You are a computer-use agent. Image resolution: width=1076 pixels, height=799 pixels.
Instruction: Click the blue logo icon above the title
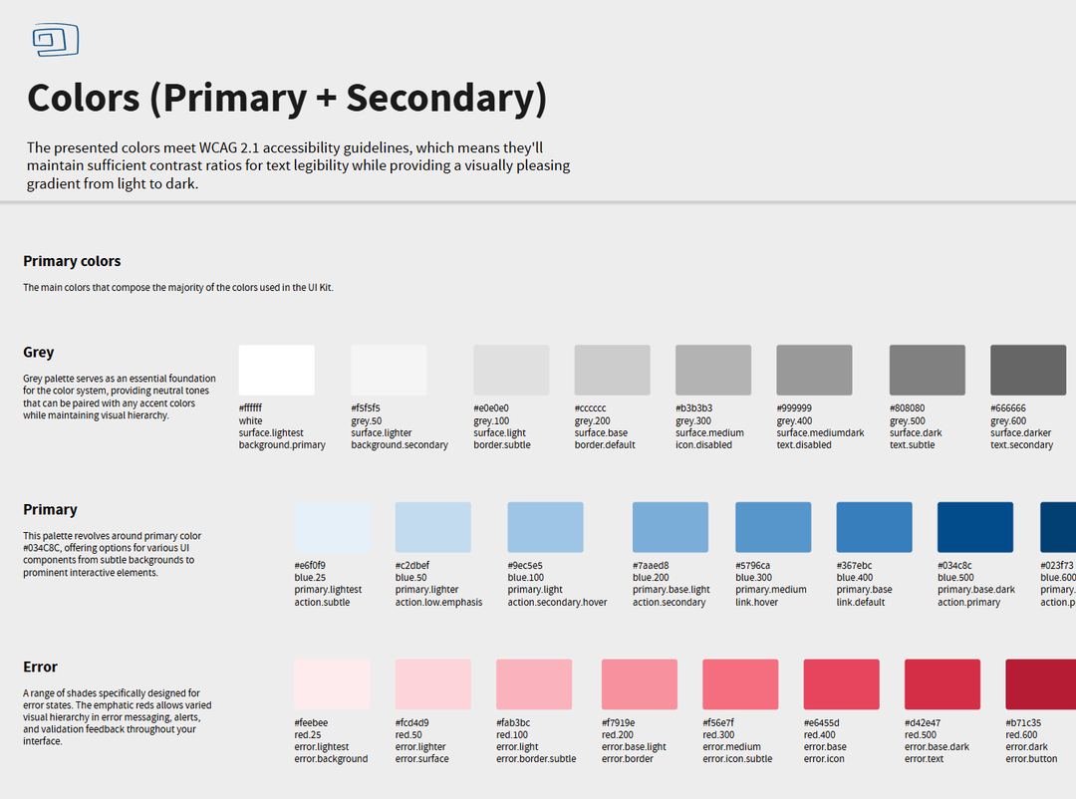tap(55, 41)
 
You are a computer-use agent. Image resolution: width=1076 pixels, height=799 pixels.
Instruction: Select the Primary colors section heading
tap(72, 261)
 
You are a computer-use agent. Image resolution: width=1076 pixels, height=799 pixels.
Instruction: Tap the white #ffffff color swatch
tap(276, 371)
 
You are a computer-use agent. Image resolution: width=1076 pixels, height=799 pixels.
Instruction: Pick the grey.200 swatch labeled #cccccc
tap(612, 371)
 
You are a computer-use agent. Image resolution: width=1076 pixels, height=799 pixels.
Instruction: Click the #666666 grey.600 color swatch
tap(1027, 371)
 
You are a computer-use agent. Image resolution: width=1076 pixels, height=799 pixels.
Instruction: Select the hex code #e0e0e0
tap(491, 408)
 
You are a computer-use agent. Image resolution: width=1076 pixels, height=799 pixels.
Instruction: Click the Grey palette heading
tap(39, 353)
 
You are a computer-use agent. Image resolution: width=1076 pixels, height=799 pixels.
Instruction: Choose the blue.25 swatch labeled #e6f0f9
tap(332, 528)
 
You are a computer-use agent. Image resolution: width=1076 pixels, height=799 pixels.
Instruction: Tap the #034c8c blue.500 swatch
tap(974, 528)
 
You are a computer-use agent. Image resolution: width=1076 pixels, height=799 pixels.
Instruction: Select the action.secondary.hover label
tap(557, 603)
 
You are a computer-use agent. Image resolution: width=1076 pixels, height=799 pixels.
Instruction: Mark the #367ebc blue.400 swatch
tap(874, 528)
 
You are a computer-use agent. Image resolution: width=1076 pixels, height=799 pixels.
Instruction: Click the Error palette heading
tap(41, 667)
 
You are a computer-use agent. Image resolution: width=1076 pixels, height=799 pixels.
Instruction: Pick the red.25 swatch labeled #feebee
tap(332, 684)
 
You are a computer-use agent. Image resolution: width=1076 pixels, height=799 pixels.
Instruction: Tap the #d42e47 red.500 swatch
tap(941, 684)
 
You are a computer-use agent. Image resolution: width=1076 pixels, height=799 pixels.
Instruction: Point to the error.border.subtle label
tap(536, 759)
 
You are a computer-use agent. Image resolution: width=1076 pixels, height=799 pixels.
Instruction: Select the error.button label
tap(1031, 759)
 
